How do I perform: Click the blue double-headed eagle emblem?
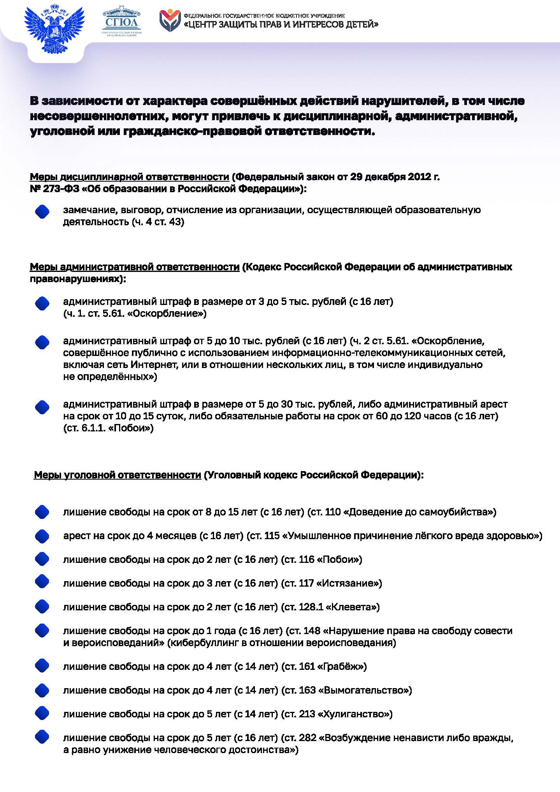pos(54,30)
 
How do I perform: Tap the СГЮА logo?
pos(122,22)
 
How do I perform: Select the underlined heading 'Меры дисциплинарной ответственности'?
pos(129,177)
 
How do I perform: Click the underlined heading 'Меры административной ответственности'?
pos(134,267)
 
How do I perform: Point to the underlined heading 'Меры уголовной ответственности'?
pos(117,475)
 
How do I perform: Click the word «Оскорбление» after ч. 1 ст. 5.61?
pos(167,314)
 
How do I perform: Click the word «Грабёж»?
pos(342,666)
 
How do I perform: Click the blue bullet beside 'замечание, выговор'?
pos(42,212)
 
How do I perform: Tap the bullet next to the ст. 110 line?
pos(42,512)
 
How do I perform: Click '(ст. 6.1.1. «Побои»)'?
pos(108,428)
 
